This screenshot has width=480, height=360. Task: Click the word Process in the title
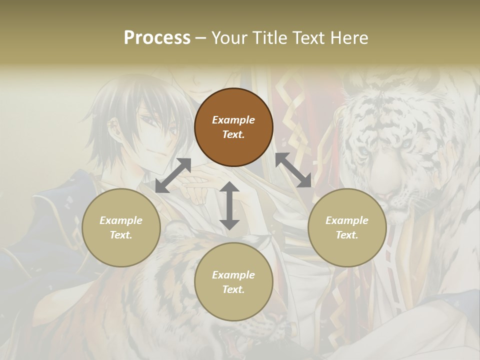coord(157,37)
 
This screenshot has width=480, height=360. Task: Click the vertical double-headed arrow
coord(229,205)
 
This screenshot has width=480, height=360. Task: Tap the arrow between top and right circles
coord(293,170)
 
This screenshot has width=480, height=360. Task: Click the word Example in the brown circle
coord(233,120)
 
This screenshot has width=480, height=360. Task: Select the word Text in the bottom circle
coord(233,289)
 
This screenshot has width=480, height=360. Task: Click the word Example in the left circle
coord(121,220)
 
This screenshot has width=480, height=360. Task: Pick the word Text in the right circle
coord(347,235)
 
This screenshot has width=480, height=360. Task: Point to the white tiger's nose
coord(395,172)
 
